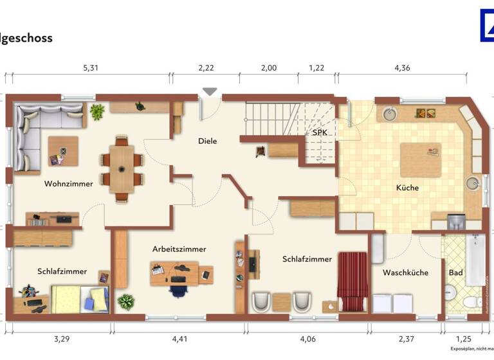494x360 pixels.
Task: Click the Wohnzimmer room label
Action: (x=68, y=184)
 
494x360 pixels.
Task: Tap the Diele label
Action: (x=207, y=141)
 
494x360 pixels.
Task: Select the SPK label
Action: (x=320, y=132)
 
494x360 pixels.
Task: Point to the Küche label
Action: (x=407, y=188)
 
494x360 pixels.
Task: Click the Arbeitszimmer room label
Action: (x=179, y=249)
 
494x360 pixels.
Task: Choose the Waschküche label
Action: (x=405, y=273)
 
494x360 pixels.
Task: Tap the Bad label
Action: (x=455, y=273)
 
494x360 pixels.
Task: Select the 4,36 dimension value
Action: (x=403, y=67)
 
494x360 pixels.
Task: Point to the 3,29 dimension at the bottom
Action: (x=62, y=338)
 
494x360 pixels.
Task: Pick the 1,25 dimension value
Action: (x=462, y=338)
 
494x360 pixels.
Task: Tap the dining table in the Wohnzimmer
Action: (x=122, y=168)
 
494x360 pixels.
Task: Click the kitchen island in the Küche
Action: (x=421, y=159)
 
